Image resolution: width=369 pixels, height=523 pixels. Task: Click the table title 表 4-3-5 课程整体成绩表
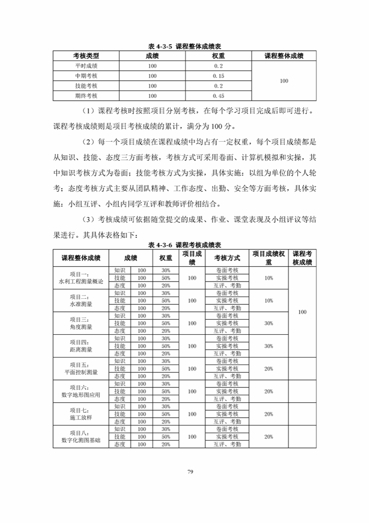tap(184, 47)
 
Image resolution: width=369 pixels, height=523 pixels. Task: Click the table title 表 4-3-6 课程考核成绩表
tap(184, 245)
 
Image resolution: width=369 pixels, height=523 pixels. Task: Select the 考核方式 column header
tap(227, 258)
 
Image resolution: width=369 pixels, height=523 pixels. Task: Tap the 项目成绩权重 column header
tap(268, 258)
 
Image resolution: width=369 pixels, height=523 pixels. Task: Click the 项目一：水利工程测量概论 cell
tap(81, 278)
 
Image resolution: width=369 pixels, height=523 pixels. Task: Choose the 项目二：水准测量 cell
tap(81, 301)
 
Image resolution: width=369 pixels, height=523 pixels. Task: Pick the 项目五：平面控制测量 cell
tap(81, 368)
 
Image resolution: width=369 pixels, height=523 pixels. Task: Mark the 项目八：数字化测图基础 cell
tap(81, 436)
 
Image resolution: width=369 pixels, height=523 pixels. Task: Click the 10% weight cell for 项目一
tap(268, 278)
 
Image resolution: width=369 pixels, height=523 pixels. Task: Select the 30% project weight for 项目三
tap(268, 323)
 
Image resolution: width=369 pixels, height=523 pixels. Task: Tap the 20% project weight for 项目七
tap(268, 413)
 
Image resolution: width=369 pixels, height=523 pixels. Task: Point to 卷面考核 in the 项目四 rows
tap(227, 338)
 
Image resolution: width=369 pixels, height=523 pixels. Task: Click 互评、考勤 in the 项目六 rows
tap(227, 399)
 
